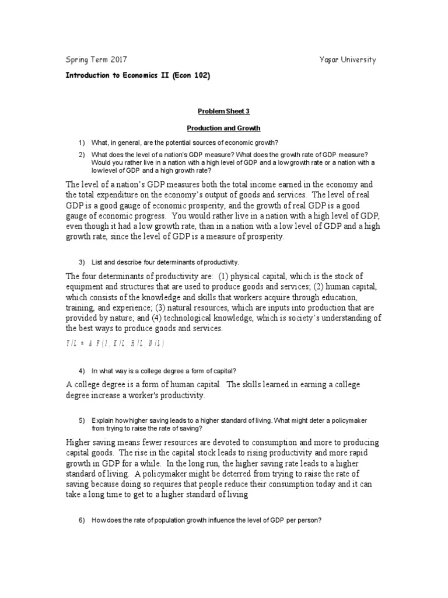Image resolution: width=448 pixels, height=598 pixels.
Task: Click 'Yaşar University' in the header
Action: (x=348, y=60)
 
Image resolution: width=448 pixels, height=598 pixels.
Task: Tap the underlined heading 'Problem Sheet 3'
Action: (x=223, y=111)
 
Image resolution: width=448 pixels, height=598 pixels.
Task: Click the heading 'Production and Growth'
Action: (x=223, y=127)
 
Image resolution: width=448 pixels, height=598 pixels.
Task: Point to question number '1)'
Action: (x=82, y=142)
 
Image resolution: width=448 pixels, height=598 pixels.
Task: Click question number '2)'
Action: (x=82, y=155)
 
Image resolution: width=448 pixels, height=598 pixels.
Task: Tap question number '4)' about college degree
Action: (x=82, y=371)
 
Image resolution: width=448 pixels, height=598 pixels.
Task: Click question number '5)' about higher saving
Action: (x=82, y=420)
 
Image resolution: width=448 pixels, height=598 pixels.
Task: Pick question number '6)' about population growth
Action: (x=82, y=520)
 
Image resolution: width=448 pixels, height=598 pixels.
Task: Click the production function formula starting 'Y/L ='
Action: (x=115, y=343)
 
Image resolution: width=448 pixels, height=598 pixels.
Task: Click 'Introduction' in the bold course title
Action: (x=91, y=77)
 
